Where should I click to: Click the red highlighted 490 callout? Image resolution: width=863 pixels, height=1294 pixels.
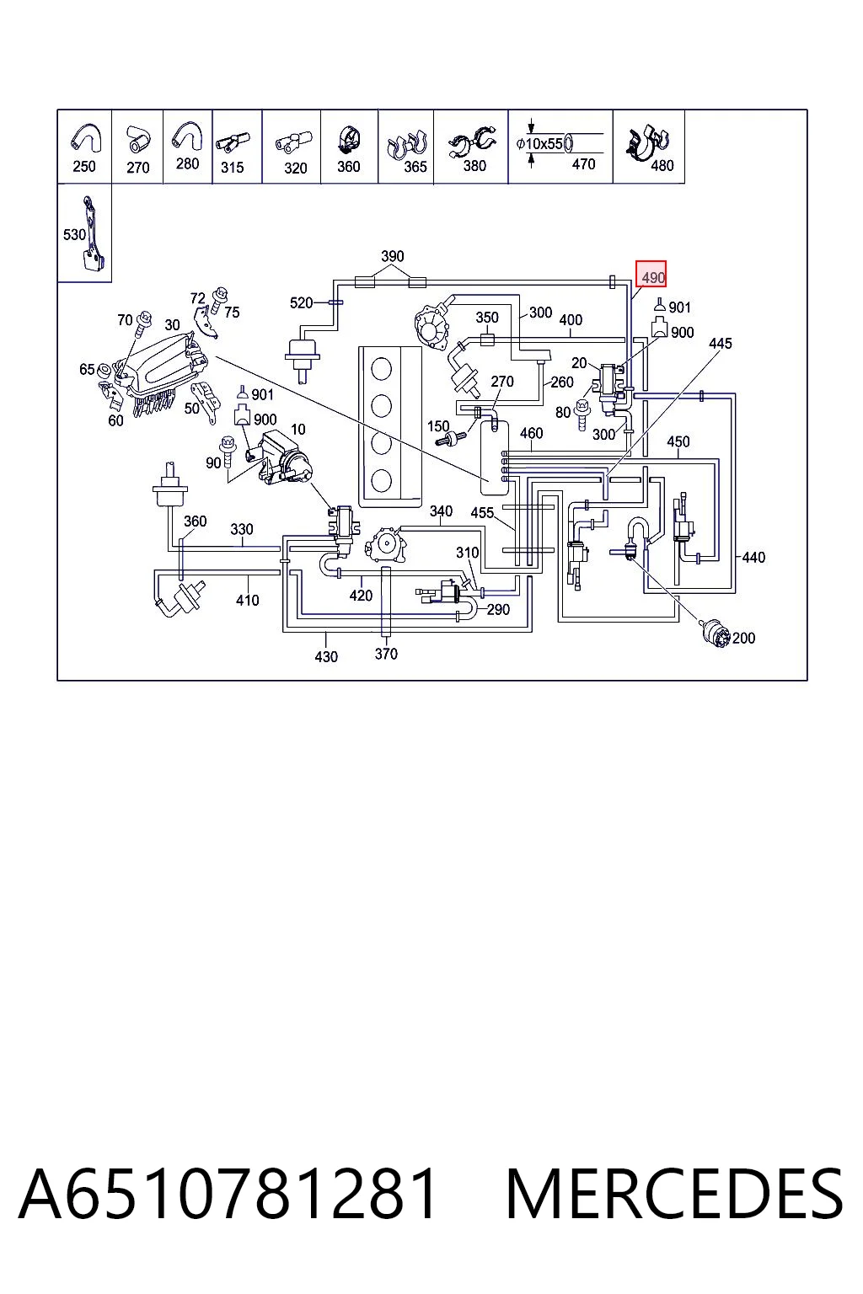[651, 273]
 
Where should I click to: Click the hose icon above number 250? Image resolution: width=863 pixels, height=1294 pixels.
[86, 138]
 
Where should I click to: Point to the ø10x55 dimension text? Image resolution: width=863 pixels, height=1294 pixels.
[539, 144]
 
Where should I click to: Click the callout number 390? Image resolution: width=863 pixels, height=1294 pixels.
[393, 256]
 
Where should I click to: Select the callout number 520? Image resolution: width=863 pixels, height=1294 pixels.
[301, 302]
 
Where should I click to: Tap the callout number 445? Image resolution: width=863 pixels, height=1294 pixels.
[721, 344]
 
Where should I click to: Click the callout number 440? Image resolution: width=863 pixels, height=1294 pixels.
[753, 558]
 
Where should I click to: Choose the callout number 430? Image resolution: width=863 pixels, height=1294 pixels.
[326, 657]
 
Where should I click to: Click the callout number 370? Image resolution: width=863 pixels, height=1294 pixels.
[386, 654]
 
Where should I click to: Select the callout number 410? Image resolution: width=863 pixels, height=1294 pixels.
[248, 600]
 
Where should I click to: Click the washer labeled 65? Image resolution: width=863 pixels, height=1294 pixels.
[105, 371]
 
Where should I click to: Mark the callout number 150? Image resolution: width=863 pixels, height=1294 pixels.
[438, 426]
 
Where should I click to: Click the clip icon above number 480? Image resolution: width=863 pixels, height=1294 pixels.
[646, 142]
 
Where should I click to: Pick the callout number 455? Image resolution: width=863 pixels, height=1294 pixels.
[482, 513]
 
